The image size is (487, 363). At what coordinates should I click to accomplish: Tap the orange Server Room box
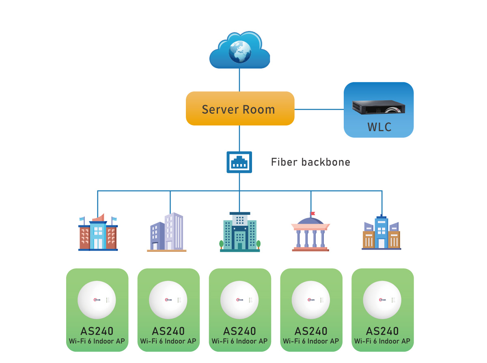(239, 108)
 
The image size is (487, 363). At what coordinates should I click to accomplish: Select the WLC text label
(379, 127)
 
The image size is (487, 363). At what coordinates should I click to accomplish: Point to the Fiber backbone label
(310, 162)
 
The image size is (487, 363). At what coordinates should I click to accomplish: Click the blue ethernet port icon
(239, 162)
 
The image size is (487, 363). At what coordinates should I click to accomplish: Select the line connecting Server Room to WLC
(319, 109)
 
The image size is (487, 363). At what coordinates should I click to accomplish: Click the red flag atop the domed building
(312, 214)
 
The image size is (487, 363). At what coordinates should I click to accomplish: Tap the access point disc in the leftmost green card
(97, 300)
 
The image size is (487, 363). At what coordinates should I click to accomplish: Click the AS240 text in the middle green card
(239, 331)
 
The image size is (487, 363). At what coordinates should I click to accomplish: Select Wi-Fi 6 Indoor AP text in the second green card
(168, 341)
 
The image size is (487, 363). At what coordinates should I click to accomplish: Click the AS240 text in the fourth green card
(311, 331)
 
